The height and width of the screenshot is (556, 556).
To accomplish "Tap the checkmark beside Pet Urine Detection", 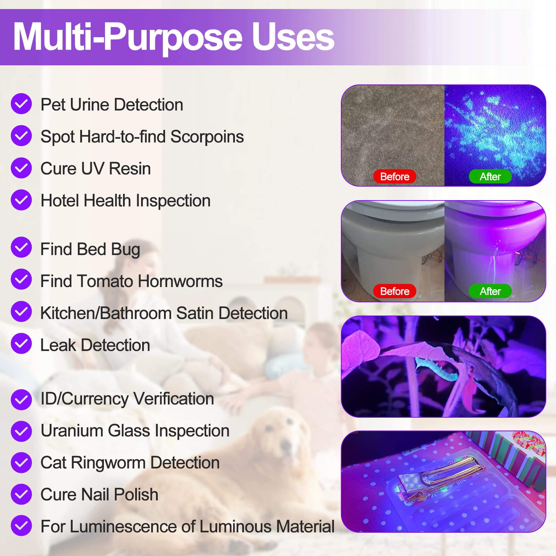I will tap(21, 104).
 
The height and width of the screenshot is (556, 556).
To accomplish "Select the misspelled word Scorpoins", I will tap(207, 137).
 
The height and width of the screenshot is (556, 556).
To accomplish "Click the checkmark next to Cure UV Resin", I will tap(21, 168).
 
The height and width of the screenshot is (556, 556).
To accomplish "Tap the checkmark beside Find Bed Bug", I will tap(21, 247).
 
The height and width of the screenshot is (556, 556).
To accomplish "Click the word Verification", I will tap(173, 399).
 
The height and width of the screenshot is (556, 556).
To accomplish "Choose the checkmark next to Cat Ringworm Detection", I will tap(21, 463).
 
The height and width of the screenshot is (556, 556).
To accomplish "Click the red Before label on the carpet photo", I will tap(394, 177).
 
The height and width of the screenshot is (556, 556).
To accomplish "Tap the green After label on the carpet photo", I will tap(490, 177).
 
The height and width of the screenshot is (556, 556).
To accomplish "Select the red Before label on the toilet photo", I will tap(394, 291).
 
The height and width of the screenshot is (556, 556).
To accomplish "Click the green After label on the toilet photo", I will tap(490, 291).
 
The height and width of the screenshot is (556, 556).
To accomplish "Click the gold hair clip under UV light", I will tap(441, 476).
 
